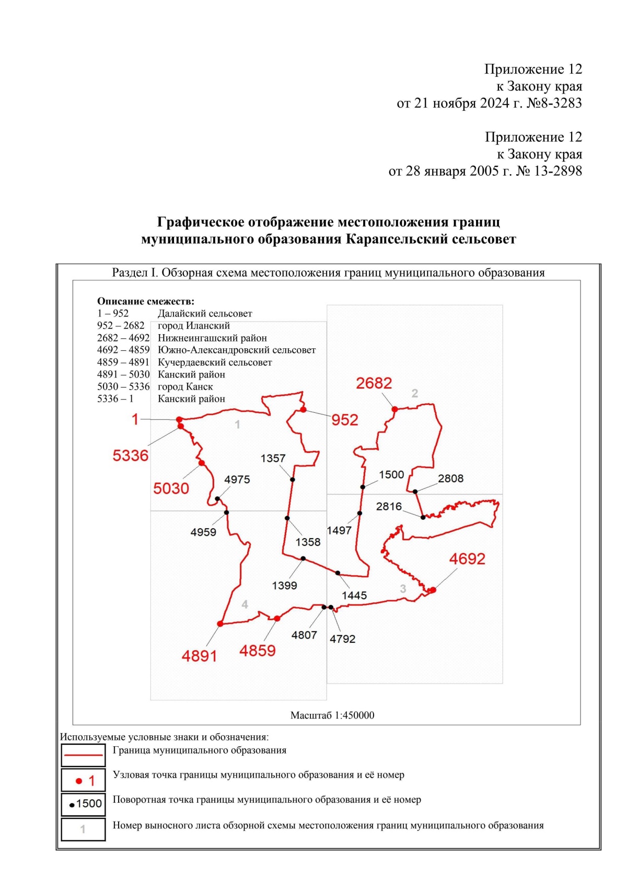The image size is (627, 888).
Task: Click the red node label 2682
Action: (x=374, y=383)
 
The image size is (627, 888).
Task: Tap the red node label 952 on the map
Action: (x=345, y=420)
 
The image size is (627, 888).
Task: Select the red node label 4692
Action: (x=467, y=559)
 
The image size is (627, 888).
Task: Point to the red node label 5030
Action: (x=171, y=488)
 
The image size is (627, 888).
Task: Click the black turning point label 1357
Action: (x=273, y=459)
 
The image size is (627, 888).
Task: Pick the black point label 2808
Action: (x=450, y=479)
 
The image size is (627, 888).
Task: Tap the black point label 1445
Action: (x=354, y=596)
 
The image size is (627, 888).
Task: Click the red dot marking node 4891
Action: (x=220, y=624)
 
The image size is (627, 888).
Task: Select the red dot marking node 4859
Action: (x=277, y=619)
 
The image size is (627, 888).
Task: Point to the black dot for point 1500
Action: (x=363, y=487)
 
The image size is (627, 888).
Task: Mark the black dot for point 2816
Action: (x=423, y=517)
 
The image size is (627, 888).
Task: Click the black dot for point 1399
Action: (x=303, y=559)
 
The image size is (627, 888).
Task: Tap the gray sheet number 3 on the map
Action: (x=403, y=589)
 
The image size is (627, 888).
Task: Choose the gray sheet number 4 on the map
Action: (x=245, y=605)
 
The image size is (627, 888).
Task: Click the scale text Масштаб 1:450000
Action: (x=332, y=715)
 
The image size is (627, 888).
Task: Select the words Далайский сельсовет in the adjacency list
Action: (x=205, y=314)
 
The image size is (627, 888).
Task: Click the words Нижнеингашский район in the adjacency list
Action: (x=212, y=338)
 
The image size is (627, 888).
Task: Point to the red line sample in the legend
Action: (x=83, y=755)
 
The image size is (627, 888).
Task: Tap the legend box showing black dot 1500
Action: (x=83, y=804)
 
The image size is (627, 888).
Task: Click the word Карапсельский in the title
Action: (x=395, y=240)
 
